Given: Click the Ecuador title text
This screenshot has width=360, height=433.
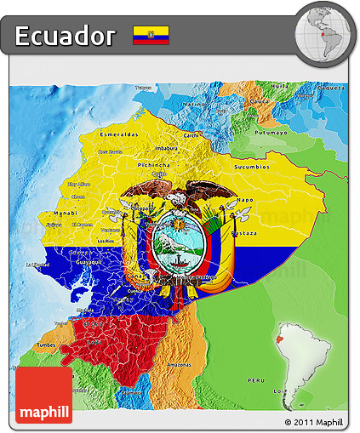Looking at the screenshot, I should coord(65,36).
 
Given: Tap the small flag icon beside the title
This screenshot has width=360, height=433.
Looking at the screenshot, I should coord(151,35).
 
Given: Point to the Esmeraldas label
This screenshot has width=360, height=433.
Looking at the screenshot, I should coord(118,134).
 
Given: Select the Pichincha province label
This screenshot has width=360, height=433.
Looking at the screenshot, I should coord(153,164).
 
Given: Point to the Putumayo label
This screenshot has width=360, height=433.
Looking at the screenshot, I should coord(271,132).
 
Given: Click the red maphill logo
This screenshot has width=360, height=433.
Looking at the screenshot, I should coord(44,395).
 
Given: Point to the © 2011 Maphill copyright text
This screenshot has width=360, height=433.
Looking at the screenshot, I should coord(313,422).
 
